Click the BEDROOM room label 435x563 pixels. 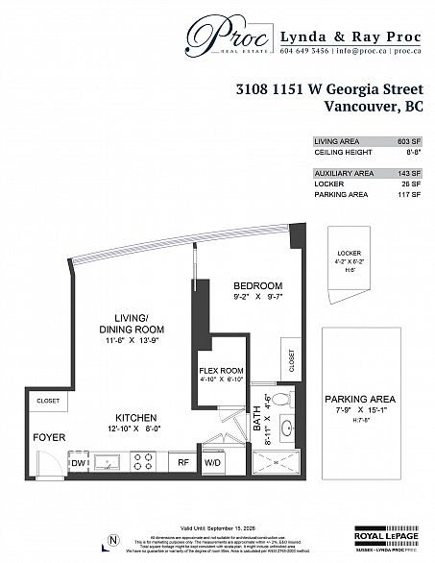coord(258,286)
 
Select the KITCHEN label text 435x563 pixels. coord(136,418)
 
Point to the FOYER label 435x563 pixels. coord(48,437)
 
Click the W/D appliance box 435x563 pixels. coord(213,463)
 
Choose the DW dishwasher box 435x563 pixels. coord(80,463)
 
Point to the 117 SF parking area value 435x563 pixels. coord(410,195)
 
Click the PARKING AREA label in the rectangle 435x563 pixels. coord(360,399)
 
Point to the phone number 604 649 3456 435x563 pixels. coord(303,50)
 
